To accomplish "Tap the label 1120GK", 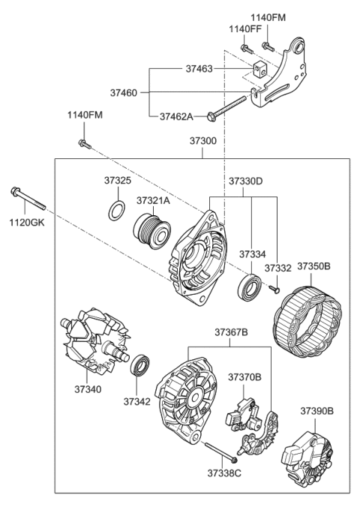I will pyautogui.click(x=22, y=223).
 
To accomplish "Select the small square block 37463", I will pyautogui.click(x=260, y=70).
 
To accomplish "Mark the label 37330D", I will pyautogui.click(x=245, y=181).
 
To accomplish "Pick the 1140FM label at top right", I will pyautogui.click(x=268, y=16).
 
